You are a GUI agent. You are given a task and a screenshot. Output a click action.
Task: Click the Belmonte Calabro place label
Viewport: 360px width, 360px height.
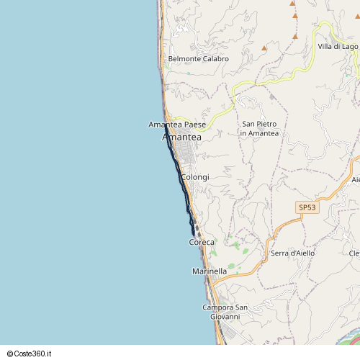198,59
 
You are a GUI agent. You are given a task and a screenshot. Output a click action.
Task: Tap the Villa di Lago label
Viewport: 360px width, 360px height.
338,47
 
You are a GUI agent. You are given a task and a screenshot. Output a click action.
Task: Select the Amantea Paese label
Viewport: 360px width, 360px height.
177,125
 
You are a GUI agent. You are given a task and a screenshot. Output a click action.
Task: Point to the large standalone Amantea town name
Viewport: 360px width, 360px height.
182,137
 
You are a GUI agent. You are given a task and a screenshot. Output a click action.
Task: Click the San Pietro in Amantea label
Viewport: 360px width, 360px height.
259,128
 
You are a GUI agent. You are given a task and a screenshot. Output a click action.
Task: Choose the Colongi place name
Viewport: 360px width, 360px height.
195,177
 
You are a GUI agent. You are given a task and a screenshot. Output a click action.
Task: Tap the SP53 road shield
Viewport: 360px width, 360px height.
307,207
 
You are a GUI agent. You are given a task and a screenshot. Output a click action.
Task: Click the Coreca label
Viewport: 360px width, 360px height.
202,243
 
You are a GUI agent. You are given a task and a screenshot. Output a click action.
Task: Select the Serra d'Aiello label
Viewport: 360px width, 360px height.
293,253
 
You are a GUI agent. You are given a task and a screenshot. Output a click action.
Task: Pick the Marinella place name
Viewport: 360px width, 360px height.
210,271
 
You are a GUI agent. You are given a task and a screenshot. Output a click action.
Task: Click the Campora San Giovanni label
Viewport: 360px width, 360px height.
225,312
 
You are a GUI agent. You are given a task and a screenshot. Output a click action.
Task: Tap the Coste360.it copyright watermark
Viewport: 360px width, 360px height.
33,354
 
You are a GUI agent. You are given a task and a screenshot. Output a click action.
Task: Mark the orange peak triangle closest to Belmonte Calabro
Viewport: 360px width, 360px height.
264,48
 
